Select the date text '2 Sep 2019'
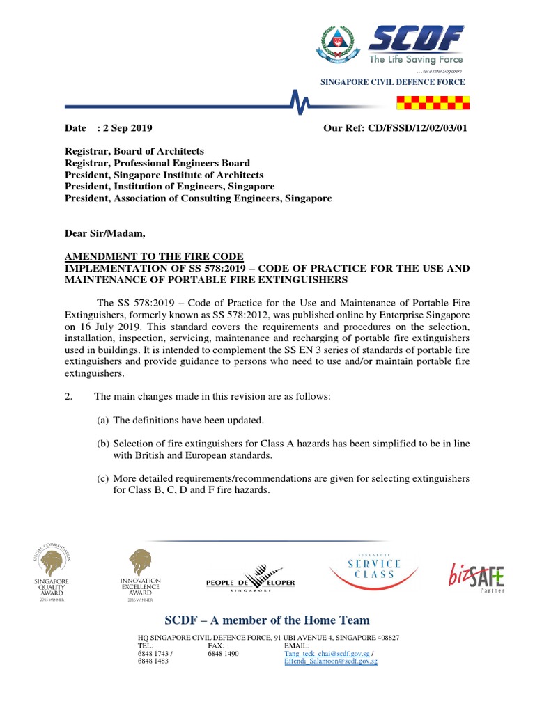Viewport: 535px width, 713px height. point(127,128)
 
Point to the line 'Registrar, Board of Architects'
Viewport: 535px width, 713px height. point(134,151)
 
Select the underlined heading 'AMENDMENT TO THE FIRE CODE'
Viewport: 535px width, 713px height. point(154,256)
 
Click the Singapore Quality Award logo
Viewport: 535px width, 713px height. point(53,571)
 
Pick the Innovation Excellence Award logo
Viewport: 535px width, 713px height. point(140,574)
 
